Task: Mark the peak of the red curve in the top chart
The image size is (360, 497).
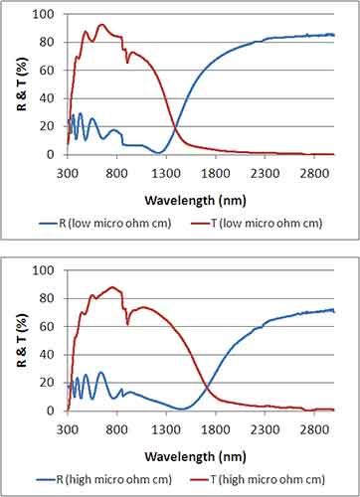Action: (x=101, y=25)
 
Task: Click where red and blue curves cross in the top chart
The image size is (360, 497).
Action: (x=175, y=127)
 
